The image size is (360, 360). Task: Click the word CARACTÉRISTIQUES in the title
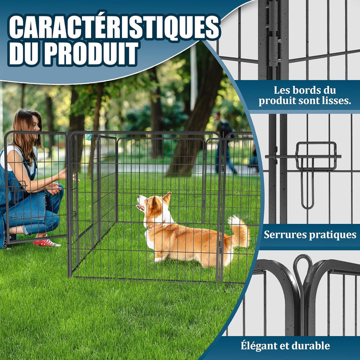114,27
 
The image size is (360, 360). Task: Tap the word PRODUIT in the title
91,53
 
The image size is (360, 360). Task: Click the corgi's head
153,204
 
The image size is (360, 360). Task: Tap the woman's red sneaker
46,242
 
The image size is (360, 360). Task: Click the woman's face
36,125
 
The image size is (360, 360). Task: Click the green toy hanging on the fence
89,137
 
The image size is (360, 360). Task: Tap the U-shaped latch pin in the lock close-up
307,183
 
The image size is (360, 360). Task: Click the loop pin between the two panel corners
303,271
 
